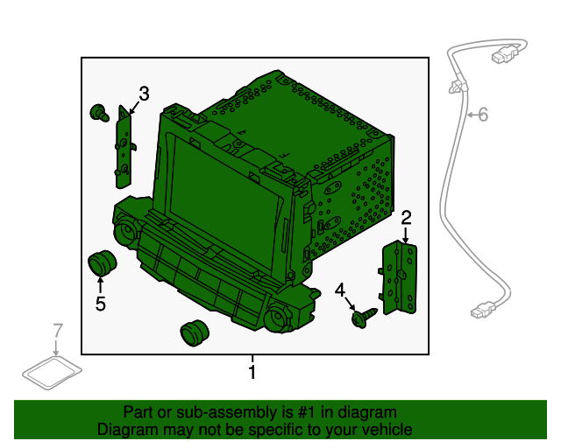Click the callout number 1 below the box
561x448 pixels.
click(x=252, y=372)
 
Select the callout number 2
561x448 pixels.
click(x=406, y=218)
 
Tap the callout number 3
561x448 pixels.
click(x=144, y=94)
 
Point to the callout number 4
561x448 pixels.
click(x=340, y=290)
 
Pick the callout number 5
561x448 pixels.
click(x=101, y=304)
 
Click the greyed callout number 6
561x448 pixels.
click(x=483, y=115)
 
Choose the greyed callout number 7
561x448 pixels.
click(x=58, y=331)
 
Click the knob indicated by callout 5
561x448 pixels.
click(x=102, y=262)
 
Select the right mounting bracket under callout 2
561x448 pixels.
click(x=398, y=277)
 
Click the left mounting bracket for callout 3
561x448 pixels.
click(x=124, y=147)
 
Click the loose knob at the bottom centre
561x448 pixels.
click(x=195, y=333)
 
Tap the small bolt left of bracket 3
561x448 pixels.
click(x=99, y=113)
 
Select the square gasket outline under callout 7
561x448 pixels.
click(x=52, y=373)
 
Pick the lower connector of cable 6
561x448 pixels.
click(x=483, y=310)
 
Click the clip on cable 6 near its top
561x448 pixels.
click(x=458, y=86)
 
